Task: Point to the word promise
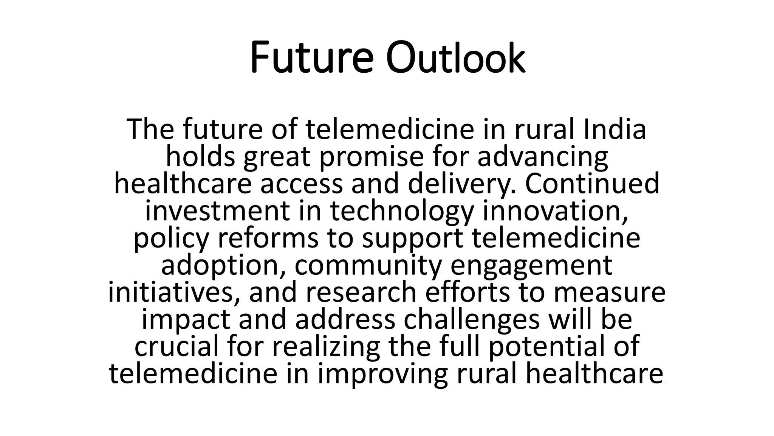(x=371, y=157)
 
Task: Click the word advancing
(x=543, y=157)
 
